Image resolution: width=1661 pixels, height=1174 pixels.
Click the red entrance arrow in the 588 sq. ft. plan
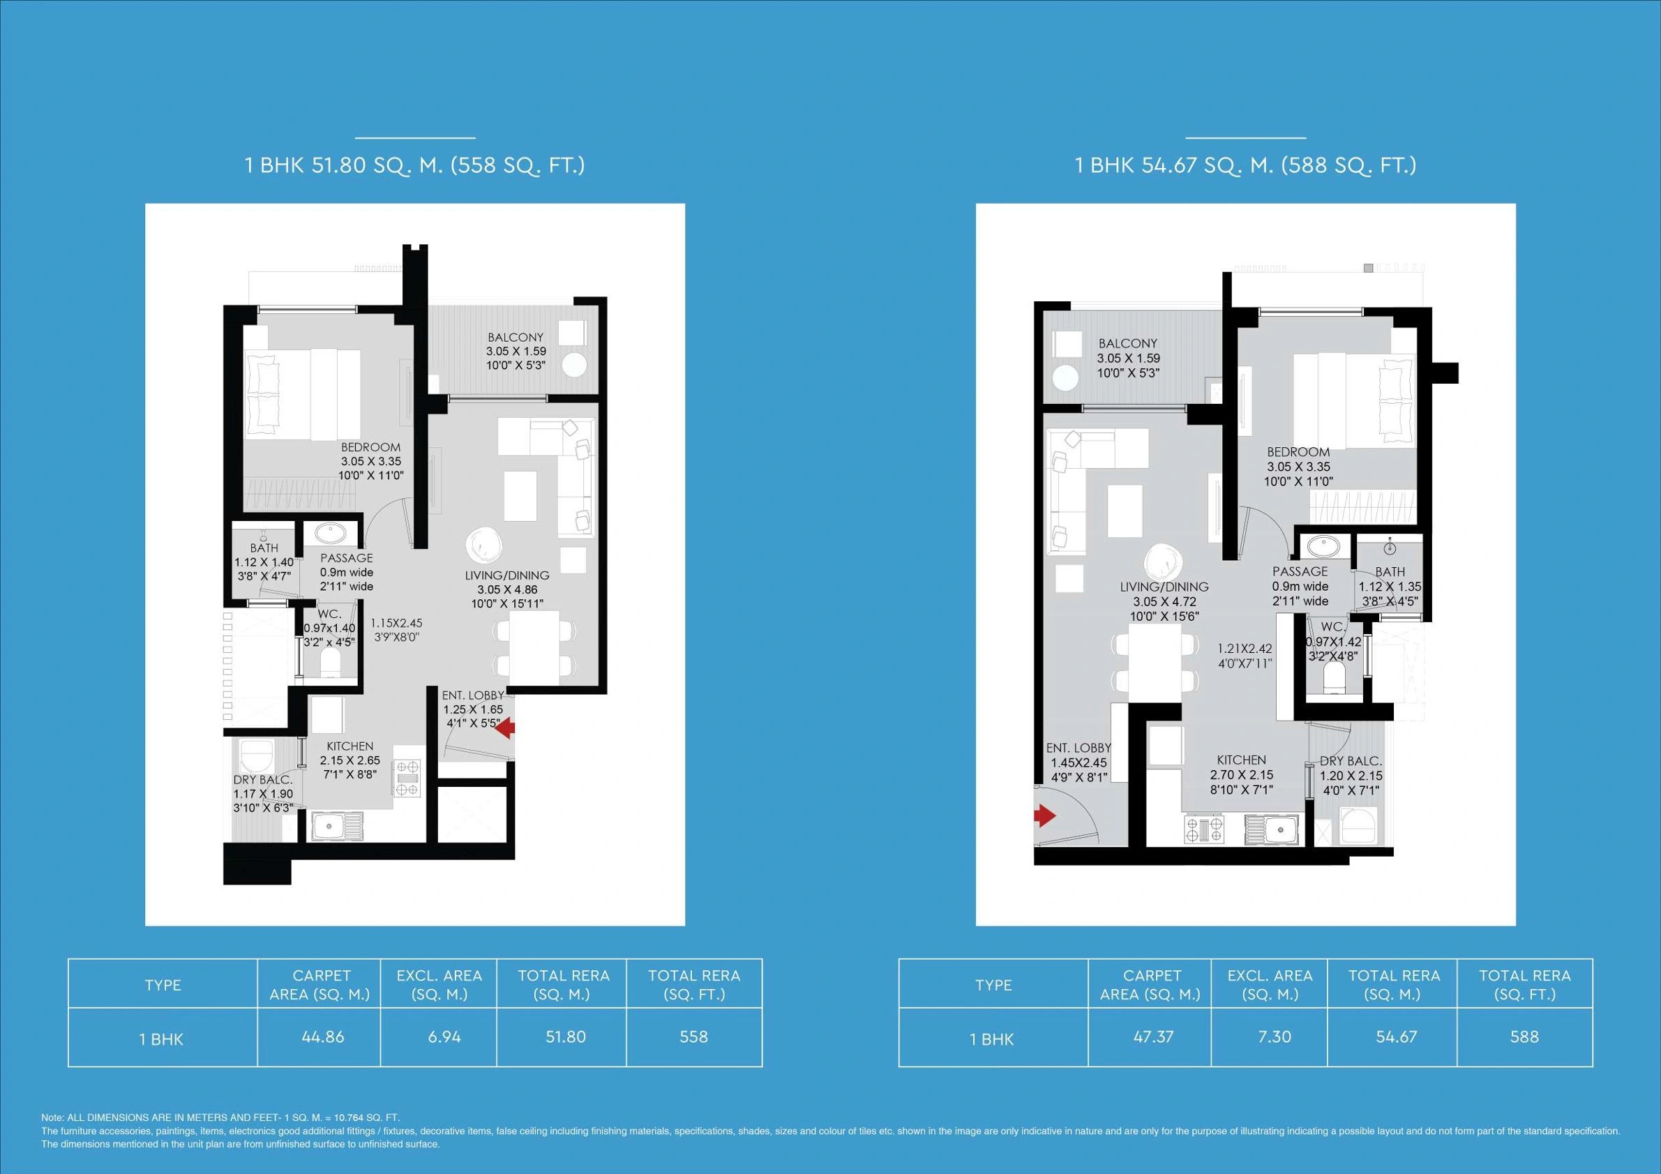(x=1045, y=816)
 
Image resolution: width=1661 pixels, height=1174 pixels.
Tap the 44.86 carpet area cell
(x=323, y=1037)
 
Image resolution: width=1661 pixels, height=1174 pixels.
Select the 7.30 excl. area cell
(x=1274, y=1037)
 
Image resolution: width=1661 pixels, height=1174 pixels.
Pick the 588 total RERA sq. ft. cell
(x=1524, y=1037)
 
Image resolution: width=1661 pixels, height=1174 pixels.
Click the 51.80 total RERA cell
(x=565, y=1037)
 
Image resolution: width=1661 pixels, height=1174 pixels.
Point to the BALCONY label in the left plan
(x=515, y=337)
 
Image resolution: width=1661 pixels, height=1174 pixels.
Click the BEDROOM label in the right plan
(x=1298, y=452)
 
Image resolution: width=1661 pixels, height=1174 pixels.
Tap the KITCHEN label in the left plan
(x=350, y=746)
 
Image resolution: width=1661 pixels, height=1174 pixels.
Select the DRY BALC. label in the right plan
(x=1351, y=761)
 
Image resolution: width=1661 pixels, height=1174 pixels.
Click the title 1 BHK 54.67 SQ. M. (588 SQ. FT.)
(x=1245, y=165)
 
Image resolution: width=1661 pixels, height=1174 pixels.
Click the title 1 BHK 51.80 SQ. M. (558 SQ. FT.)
(x=414, y=165)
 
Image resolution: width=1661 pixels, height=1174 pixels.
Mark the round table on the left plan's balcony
(x=573, y=364)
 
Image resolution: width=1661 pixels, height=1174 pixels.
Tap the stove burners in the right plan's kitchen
(x=1205, y=829)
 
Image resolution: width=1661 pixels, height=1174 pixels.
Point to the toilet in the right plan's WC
(x=1332, y=679)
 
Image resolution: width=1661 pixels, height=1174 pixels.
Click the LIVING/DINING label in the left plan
(x=506, y=575)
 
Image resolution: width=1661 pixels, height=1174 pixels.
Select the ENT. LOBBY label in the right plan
(x=1078, y=748)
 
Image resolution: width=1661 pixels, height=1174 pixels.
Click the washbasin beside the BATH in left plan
(x=331, y=534)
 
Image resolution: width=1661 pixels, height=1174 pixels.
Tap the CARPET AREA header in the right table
(x=1152, y=984)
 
